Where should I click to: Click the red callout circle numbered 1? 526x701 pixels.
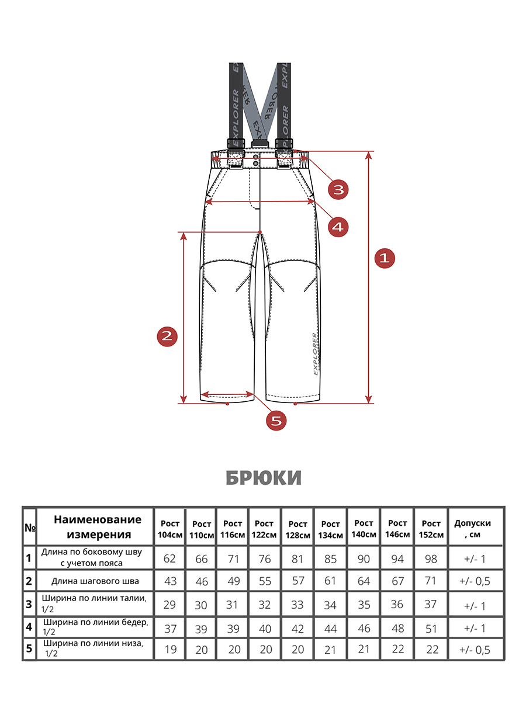click(384, 258)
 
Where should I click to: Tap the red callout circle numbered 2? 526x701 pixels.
click(167, 336)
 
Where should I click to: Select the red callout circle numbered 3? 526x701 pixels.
click(338, 189)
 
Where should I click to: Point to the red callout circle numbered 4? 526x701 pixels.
click(338, 225)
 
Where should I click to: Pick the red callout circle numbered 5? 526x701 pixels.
click(277, 419)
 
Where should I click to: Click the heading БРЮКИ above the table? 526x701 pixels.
click(264, 478)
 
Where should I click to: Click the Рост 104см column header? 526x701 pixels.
click(170, 529)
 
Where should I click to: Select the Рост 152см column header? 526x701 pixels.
click(431, 529)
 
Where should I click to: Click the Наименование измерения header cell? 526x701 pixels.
click(98, 527)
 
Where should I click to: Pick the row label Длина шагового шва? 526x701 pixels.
click(95, 581)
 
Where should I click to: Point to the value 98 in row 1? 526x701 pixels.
click(431, 559)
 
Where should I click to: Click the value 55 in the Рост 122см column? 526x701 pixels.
click(265, 581)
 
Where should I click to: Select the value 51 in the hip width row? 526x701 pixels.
click(431, 628)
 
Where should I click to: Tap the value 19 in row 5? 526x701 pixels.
click(170, 650)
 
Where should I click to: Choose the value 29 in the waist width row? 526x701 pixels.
click(170, 605)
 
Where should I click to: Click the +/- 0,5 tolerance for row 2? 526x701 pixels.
click(475, 581)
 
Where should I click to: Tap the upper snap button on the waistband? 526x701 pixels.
click(255, 158)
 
